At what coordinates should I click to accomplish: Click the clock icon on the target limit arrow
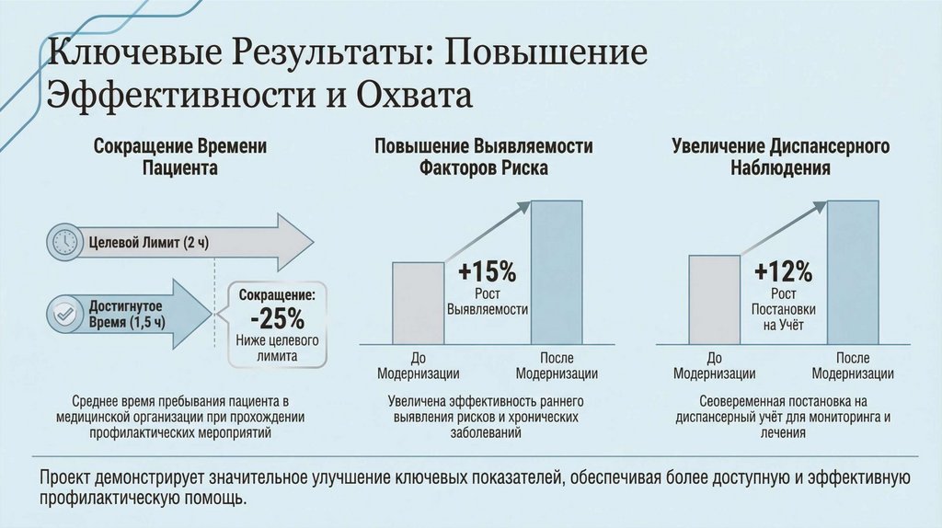[64, 241]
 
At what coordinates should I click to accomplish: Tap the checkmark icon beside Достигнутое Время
[64, 315]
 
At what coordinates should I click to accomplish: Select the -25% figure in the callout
[277, 318]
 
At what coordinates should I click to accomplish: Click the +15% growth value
[487, 272]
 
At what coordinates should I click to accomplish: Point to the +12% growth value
[783, 272]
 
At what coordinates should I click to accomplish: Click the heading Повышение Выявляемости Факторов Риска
[483, 157]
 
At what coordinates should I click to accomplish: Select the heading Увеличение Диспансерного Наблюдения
[781, 157]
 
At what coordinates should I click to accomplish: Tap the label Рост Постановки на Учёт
[784, 310]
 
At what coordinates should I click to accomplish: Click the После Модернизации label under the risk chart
[557, 366]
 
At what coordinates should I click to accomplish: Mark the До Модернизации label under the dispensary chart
[714, 366]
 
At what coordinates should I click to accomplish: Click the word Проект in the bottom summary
[65, 477]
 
